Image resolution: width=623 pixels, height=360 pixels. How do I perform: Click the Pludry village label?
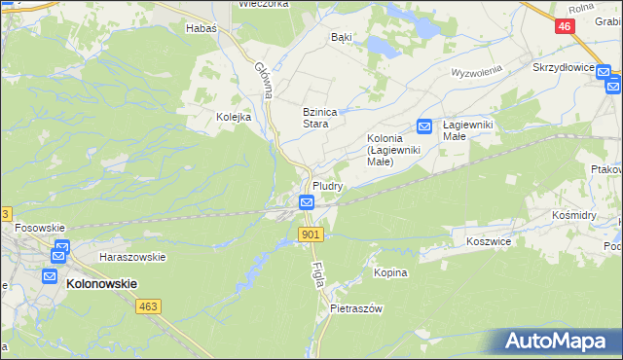[326, 185]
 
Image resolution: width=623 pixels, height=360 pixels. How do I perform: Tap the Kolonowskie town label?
[101, 283]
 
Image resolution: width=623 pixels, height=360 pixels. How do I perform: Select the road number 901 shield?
[311, 234]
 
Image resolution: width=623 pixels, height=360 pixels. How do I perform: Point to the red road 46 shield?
[566, 27]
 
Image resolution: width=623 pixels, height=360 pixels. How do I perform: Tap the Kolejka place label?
[234, 117]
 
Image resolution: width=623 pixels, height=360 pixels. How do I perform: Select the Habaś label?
[201, 29]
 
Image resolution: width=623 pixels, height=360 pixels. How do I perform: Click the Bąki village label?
[341, 37]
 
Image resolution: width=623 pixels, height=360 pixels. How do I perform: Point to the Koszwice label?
[489, 240]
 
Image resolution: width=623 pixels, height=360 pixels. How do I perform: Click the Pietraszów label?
[356, 307]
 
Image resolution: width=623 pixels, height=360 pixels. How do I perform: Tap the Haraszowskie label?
[132, 257]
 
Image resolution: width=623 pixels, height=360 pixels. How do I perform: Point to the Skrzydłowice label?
[563, 68]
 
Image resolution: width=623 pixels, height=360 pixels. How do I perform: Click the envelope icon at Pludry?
[306, 202]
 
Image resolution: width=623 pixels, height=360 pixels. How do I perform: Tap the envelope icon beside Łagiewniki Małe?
[424, 126]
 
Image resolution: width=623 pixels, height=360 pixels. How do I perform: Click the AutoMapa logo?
[554, 342]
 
